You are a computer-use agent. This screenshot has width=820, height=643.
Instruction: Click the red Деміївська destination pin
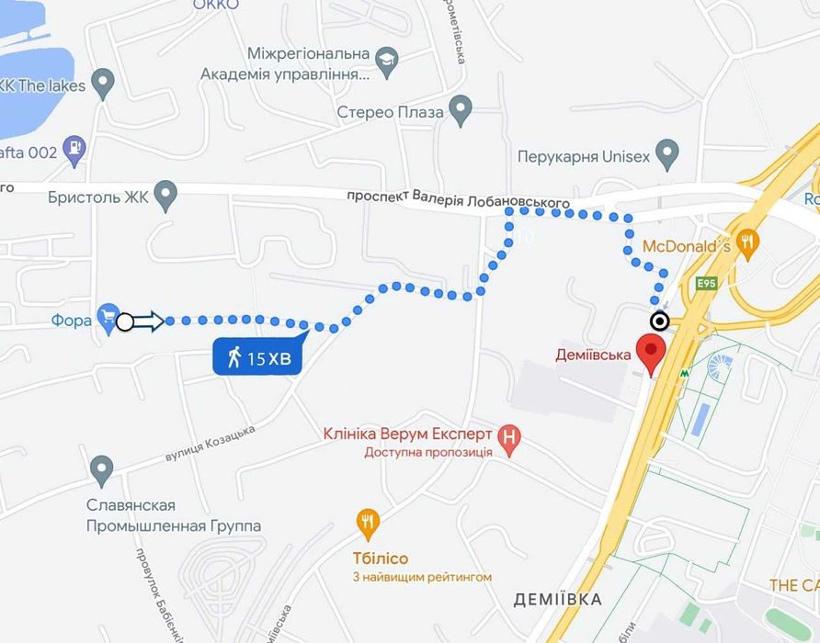(x=652, y=353)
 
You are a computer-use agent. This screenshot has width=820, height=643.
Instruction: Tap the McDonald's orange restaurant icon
(x=749, y=243)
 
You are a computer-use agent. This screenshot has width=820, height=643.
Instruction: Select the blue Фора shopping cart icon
(x=108, y=318)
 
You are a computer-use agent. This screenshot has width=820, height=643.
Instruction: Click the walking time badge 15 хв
(x=258, y=356)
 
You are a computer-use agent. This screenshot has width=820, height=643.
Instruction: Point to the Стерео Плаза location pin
(x=461, y=111)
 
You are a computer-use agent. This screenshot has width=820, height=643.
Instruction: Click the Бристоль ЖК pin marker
(x=165, y=194)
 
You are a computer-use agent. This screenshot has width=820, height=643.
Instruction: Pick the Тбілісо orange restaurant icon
(x=369, y=524)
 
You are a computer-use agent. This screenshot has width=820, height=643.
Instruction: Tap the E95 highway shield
(x=706, y=284)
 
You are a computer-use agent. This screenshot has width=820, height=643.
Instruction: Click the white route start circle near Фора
(x=126, y=321)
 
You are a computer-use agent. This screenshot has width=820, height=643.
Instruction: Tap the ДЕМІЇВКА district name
(x=557, y=600)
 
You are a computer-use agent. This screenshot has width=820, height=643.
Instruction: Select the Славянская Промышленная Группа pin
(x=102, y=471)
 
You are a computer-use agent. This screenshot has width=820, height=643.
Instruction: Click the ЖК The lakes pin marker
(x=103, y=84)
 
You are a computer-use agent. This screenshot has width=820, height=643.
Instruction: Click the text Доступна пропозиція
(x=428, y=452)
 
